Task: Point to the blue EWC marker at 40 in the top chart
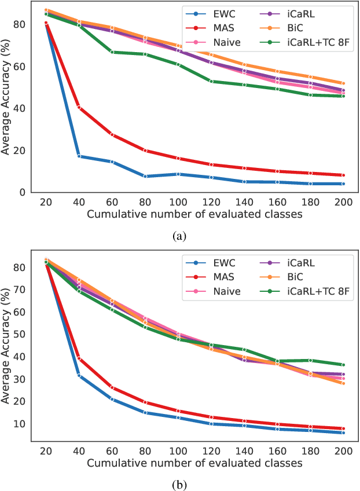pyautogui.click(x=79, y=156)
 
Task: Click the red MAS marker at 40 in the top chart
pyautogui.click(x=79, y=107)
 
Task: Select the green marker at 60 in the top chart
pyautogui.click(x=112, y=52)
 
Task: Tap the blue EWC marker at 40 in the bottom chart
pyautogui.click(x=79, y=376)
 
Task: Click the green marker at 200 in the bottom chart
pyautogui.click(x=343, y=365)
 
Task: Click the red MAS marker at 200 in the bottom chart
pyautogui.click(x=343, y=428)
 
